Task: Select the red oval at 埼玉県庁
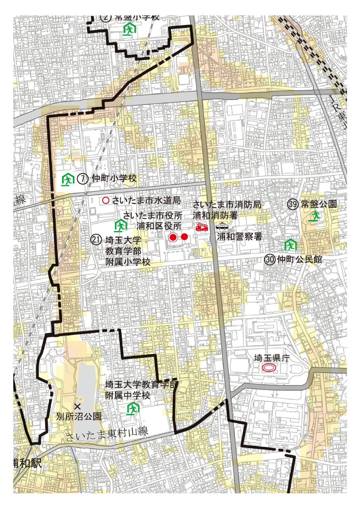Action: (x=269, y=368)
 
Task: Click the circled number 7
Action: (x=83, y=179)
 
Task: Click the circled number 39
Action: (x=292, y=204)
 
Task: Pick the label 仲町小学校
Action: (x=113, y=179)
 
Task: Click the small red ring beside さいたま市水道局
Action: (x=105, y=200)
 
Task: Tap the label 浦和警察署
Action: (x=239, y=237)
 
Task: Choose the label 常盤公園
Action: (x=318, y=204)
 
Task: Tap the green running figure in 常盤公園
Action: (x=314, y=217)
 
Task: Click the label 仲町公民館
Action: (x=299, y=259)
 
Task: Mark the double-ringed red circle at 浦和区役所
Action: (x=173, y=237)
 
